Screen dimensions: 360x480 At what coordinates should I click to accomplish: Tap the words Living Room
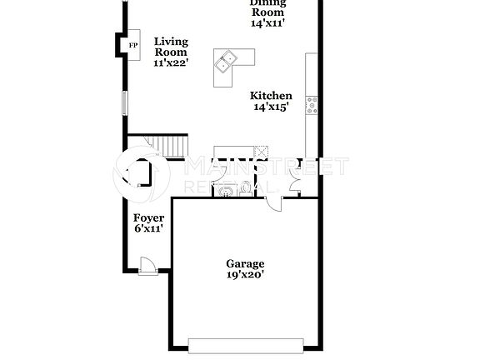coord(171,47)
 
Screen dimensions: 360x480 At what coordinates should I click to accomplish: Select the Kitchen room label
coord(271,96)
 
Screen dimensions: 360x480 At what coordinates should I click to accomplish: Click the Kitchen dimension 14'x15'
coord(271,107)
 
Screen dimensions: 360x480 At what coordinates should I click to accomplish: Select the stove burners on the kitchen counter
coord(312,104)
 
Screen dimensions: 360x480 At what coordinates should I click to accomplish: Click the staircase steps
coord(171,147)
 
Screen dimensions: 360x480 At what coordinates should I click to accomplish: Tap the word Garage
coord(245,263)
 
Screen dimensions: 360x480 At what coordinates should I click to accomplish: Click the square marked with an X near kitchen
coord(261,152)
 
